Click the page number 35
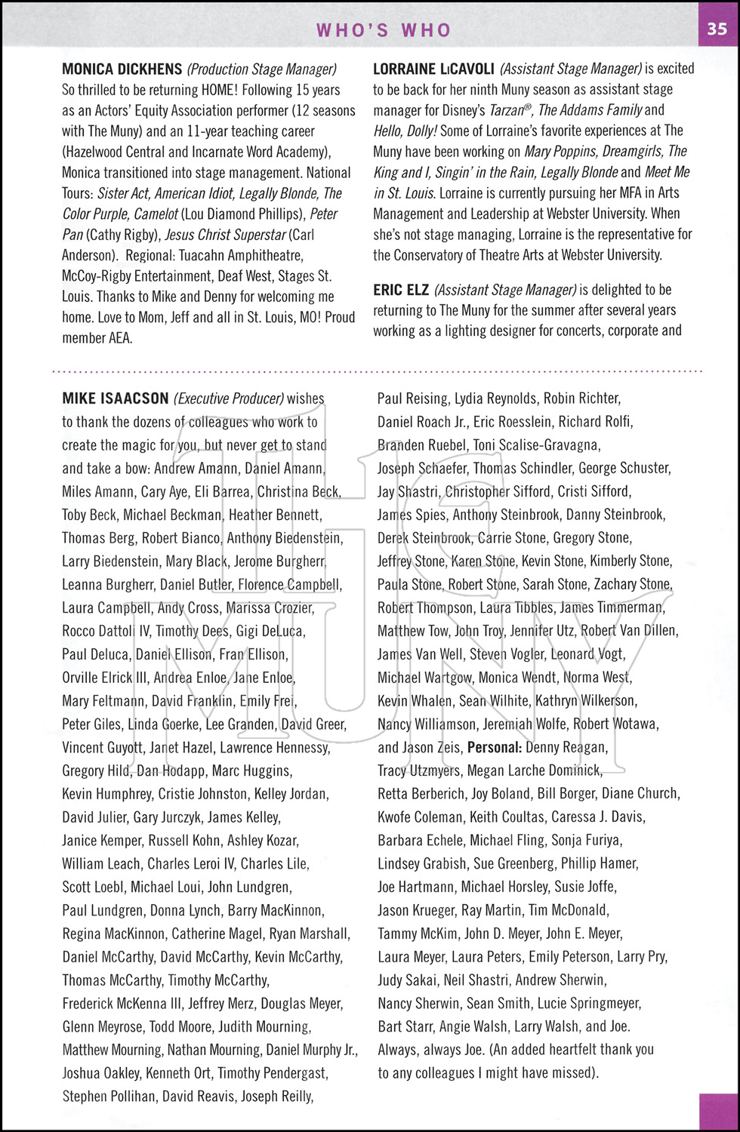point(717,29)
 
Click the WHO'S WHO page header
point(384,30)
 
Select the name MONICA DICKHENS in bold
point(122,69)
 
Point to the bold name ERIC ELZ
point(401,290)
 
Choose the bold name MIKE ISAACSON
point(116,398)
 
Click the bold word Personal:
point(495,747)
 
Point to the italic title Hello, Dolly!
point(405,131)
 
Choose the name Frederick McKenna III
point(121,1004)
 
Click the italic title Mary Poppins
point(560,152)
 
